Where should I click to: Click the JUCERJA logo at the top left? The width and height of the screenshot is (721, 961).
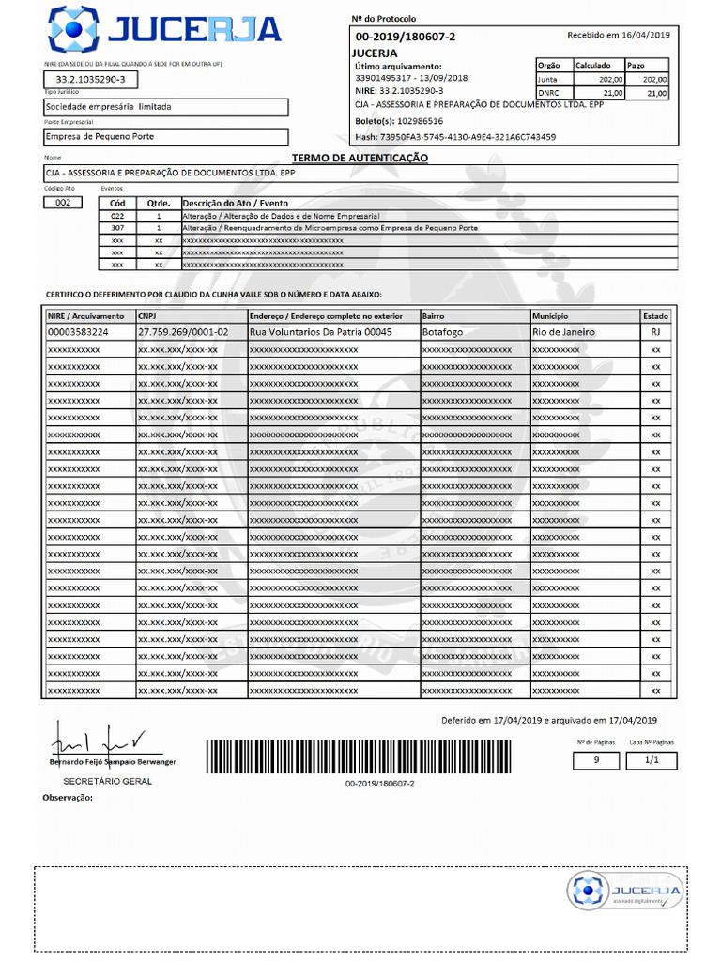165,29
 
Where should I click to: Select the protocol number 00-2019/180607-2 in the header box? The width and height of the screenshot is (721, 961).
405,37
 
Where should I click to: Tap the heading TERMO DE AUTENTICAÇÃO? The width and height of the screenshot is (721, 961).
360,158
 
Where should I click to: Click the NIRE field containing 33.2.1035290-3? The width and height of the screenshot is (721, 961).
90,79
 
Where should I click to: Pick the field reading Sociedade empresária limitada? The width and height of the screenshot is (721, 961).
165,107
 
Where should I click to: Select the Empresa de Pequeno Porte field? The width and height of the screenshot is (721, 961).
165,136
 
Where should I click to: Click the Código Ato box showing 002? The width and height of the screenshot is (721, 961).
64,203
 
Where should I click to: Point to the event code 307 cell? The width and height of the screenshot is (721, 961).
117,228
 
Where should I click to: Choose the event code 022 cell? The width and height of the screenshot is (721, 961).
117,216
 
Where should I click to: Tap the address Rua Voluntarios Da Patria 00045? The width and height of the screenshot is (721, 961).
320,332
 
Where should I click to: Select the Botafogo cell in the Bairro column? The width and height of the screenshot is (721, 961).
443,332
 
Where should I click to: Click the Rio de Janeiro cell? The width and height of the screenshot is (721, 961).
563,332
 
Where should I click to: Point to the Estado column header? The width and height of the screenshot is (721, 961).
655,316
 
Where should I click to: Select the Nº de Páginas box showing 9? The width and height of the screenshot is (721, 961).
596,760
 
